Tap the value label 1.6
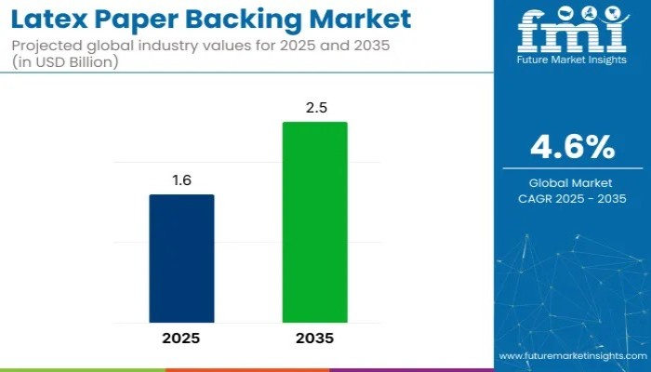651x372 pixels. point(182,180)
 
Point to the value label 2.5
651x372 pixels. point(315,108)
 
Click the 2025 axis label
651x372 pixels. point(182,339)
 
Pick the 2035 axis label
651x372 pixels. point(315,339)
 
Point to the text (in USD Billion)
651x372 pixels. point(66,61)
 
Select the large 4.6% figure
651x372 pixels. point(572,147)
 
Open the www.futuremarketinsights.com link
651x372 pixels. point(571,356)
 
